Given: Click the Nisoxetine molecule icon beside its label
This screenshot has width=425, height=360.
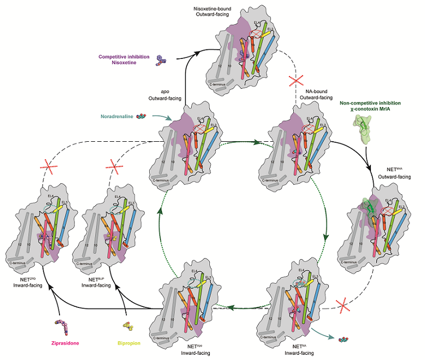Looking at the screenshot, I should coord(160,59).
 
